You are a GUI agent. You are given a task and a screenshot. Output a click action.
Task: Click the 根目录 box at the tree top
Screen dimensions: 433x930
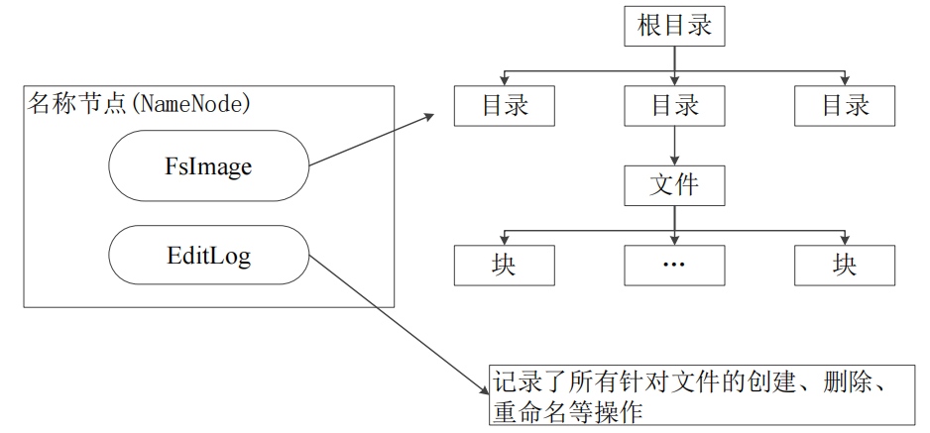coord(674,26)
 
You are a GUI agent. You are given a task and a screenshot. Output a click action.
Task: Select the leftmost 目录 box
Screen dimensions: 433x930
coord(504,105)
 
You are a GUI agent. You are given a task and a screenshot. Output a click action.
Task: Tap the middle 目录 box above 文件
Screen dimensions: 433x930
coord(674,105)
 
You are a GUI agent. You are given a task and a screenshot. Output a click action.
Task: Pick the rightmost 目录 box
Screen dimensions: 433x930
coord(845,105)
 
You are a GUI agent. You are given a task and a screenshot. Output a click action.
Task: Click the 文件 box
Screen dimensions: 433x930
coord(674,185)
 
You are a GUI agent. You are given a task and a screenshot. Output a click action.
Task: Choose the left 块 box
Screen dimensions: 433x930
coord(504,265)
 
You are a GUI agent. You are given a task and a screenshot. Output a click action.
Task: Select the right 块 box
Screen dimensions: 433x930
coord(845,265)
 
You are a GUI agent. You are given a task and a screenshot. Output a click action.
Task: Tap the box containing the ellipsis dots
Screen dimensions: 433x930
coord(674,265)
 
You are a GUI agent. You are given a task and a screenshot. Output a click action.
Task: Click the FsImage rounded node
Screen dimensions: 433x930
coord(208,166)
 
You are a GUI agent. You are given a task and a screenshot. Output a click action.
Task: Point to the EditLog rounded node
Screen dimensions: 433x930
coord(208,257)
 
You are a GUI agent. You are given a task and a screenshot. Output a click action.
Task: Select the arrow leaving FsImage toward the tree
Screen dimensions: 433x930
coord(373,140)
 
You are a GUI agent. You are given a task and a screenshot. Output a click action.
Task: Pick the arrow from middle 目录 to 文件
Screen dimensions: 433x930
coord(674,145)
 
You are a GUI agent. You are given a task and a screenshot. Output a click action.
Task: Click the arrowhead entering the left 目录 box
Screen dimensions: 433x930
coord(504,81)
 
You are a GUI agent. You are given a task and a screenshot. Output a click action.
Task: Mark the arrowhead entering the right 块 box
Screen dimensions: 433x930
coord(845,240)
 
